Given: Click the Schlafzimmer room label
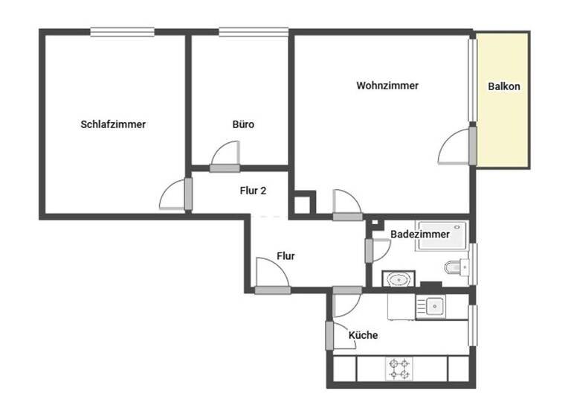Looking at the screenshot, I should (x=113, y=124).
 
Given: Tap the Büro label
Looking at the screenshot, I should (x=243, y=124).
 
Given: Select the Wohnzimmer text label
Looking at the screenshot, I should (x=387, y=86).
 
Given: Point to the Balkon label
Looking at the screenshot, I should (x=504, y=86).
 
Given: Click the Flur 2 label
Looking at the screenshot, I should (x=253, y=191).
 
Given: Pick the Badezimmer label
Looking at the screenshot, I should (x=420, y=234).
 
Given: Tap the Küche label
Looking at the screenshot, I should (x=364, y=335).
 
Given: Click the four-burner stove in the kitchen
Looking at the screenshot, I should (x=397, y=368).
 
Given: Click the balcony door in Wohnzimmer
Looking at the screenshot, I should (x=455, y=147).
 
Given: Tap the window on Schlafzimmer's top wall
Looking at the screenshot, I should (x=123, y=31).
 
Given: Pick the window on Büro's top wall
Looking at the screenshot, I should (x=254, y=31).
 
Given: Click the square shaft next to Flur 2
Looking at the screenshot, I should (x=303, y=203).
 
